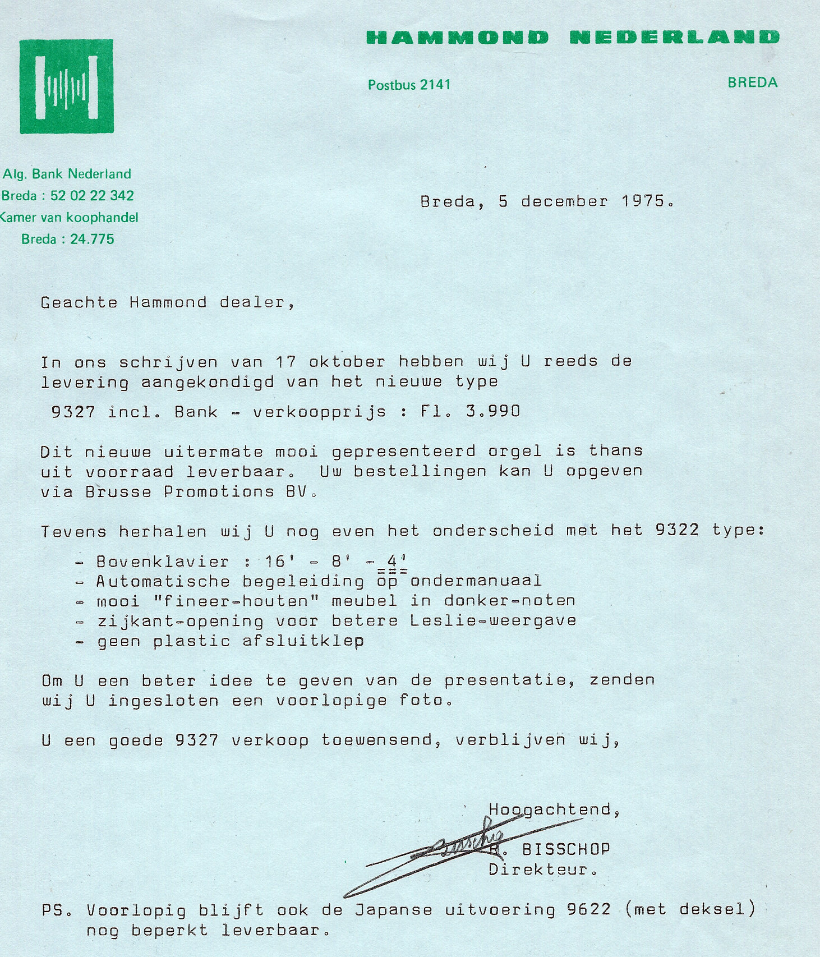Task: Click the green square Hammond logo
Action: pyautogui.click(x=67, y=86)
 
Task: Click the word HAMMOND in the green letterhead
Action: pyautogui.click(x=457, y=38)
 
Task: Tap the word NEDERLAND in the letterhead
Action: pyautogui.click(x=674, y=38)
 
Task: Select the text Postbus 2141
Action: pyautogui.click(x=409, y=85)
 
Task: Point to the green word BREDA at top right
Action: pyautogui.click(x=752, y=82)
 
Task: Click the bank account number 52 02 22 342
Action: pyautogui.click(x=92, y=196)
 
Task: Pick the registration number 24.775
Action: pyautogui.click(x=92, y=239)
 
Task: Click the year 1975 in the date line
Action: pyautogui.click(x=643, y=201)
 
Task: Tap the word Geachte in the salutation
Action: pyautogui.click(x=79, y=302)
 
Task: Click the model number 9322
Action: pyautogui.click(x=677, y=530)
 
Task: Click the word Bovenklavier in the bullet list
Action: pyautogui.click(x=163, y=562)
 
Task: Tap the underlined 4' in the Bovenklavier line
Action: pyautogui.click(x=397, y=561)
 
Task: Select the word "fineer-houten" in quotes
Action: pyautogui.click(x=236, y=601)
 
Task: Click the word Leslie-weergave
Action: pyautogui.click(x=493, y=620)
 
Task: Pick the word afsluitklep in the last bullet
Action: pyautogui.click(x=303, y=641)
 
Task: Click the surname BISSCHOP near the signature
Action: pyautogui.click(x=565, y=849)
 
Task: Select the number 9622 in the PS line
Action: pyautogui.click(x=588, y=909)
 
